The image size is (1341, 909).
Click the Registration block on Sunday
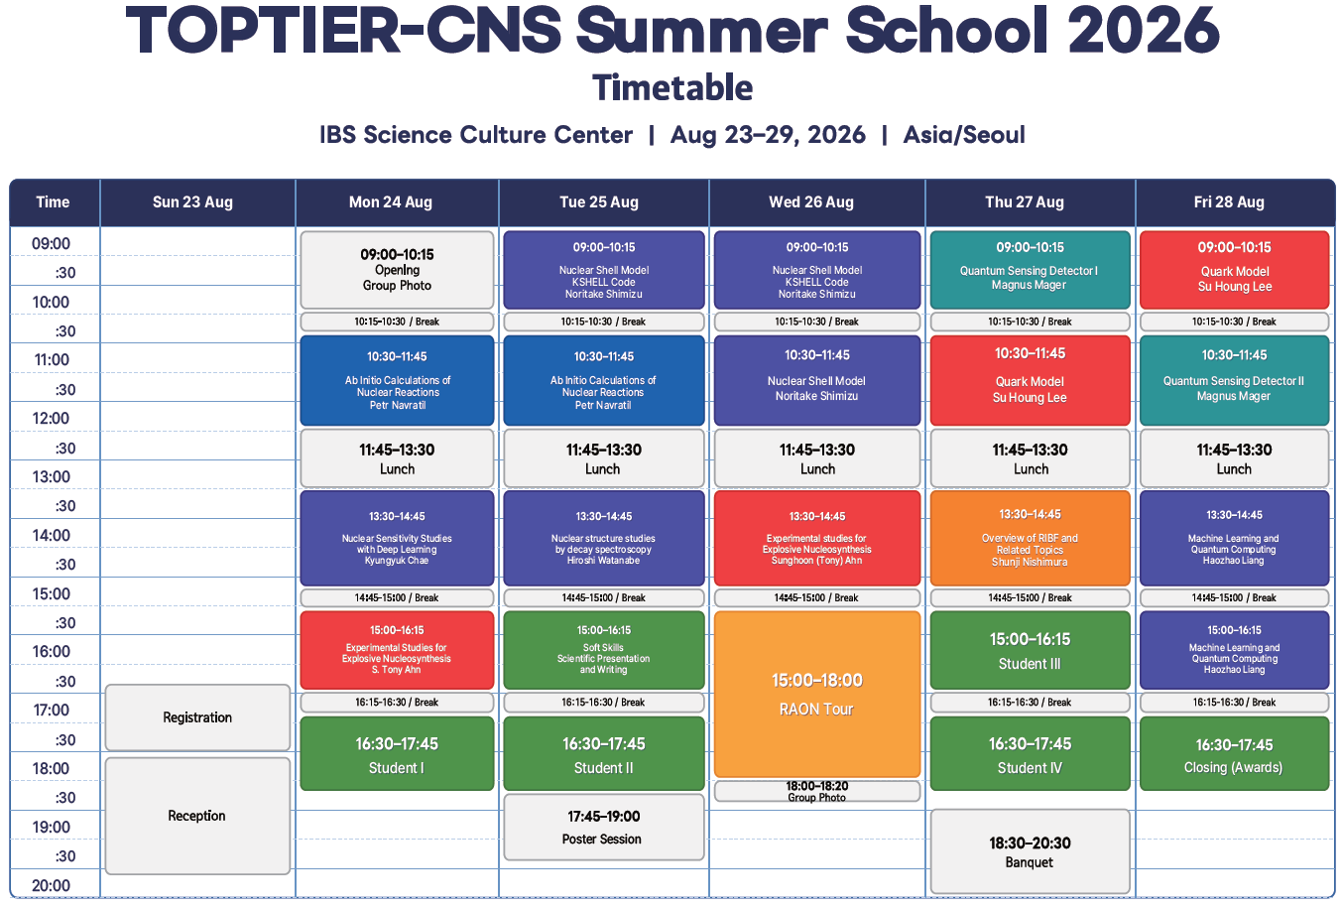(197, 717)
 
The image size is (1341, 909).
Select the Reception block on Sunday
(197, 816)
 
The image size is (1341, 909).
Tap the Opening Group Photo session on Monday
(397, 270)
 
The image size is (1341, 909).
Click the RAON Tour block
(817, 694)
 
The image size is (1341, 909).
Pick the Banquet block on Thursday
(1030, 851)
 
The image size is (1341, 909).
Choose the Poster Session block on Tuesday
(603, 827)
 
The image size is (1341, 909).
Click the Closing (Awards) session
(1234, 753)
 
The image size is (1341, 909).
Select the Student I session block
(397, 753)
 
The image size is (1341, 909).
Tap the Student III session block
(1030, 650)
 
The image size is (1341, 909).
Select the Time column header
(54, 202)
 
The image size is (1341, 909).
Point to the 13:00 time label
(51, 476)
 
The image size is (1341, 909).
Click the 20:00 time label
(51, 885)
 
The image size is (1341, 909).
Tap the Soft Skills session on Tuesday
(603, 650)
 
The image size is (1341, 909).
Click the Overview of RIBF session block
(1030, 538)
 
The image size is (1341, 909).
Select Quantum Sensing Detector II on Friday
(1234, 380)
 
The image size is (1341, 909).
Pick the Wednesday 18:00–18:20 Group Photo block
(817, 791)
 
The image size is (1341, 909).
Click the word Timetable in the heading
(672, 88)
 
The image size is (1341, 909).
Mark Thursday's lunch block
(1030, 458)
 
